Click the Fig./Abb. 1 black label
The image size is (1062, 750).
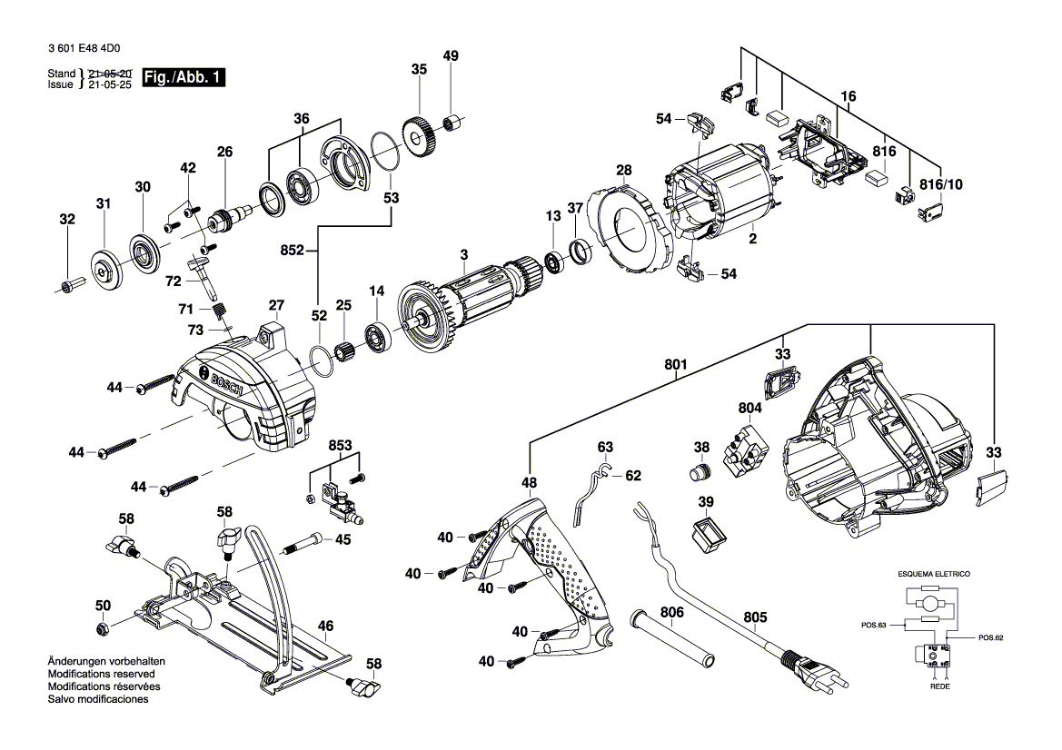[183, 78]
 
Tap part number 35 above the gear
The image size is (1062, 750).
[418, 69]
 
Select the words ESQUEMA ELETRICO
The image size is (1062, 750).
[933, 575]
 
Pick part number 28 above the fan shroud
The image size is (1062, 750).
[623, 170]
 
